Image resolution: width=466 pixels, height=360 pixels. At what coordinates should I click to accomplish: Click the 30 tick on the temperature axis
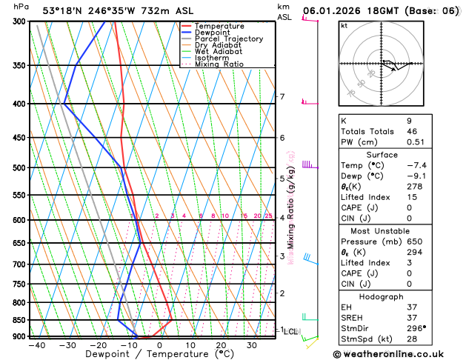pyautogui.click(x=252, y=345)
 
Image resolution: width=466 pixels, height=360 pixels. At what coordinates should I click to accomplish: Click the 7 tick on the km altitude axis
pyautogui.click(x=282, y=97)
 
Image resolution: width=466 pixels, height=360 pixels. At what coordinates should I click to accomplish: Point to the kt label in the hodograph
pyautogui.click(x=344, y=25)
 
